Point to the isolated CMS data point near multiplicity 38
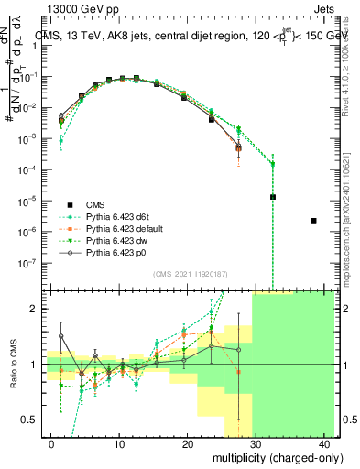[314, 221]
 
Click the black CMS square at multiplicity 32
[273, 197]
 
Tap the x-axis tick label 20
[187, 442]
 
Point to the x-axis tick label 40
[324, 442]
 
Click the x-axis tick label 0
[50, 442]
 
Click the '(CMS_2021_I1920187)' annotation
[189, 274]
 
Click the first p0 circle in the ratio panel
[61, 336]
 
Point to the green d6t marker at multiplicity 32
[273, 164]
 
